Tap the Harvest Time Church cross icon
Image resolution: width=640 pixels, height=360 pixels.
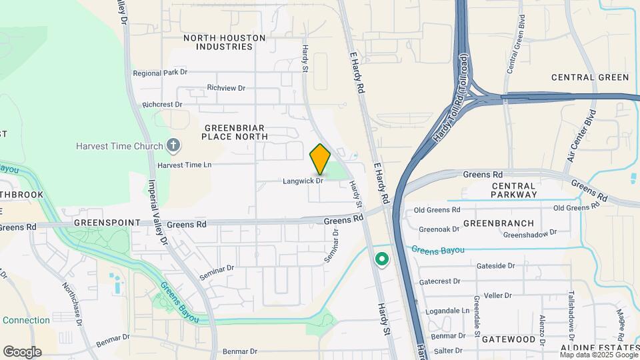[x=173, y=145]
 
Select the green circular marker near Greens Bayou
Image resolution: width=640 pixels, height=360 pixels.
[x=382, y=259]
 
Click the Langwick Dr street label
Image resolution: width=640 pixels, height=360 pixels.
[x=303, y=181]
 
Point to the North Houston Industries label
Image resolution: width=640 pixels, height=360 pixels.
[x=224, y=43]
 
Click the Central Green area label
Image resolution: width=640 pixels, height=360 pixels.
[x=590, y=77]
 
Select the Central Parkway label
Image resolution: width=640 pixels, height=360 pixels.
[x=513, y=190]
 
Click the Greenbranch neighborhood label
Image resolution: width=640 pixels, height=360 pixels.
[x=499, y=223]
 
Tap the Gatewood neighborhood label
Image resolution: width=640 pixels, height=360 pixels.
[x=509, y=339]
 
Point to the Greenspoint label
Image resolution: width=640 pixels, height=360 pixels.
[x=107, y=223]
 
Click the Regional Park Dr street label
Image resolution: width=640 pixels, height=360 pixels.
[x=160, y=73]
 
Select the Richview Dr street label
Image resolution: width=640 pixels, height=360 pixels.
[x=226, y=88]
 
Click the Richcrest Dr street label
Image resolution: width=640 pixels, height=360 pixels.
[x=162, y=105]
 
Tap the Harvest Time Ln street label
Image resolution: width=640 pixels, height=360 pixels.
[x=184, y=165]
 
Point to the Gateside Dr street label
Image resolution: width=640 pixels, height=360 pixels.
[x=496, y=265]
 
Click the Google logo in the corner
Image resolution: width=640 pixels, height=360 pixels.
[x=22, y=352]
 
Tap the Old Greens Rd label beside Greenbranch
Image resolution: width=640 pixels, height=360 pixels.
[x=437, y=210]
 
